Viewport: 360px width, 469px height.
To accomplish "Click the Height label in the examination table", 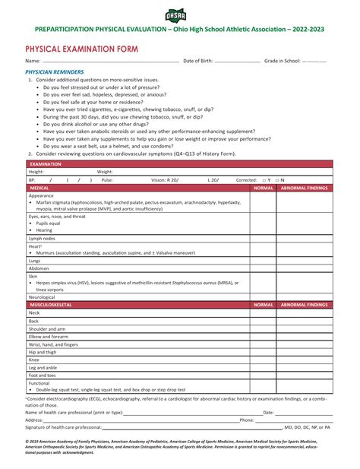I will pyautogui.click(x=36, y=172).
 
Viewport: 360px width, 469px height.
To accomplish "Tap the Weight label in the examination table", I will pyautogui.click(x=105, y=172).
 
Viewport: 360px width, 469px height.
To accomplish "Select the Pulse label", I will pyautogui.click(x=107, y=179).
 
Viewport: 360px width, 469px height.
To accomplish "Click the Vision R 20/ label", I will pyautogui.click(x=165, y=179).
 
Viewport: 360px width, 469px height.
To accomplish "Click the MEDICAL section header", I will pyautogui.click(x=39, y=187).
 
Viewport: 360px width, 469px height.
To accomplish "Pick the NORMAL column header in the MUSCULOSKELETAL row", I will pyautogui.click(x=263, y=304).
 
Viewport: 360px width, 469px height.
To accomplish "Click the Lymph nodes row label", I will pyautogui.click(x=43, y=238).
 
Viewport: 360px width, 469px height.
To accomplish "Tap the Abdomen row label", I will pyautogui.click(x=39, y=268).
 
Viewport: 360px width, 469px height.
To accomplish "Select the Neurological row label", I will pyautogui.click(x=43, y=296).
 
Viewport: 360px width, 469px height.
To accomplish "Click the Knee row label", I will pyautogui.click(x=34, y=360).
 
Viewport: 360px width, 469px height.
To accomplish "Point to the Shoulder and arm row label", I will pyautogui.click(x=47, y=328).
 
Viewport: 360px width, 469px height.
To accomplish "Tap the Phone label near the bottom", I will pyautogui.click(x=247, y=420).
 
